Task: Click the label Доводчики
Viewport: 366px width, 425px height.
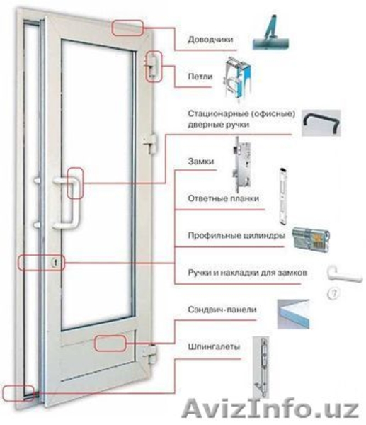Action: (210, 40)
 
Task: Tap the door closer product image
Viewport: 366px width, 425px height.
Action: (270, 33)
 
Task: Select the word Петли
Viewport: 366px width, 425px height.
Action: (200, 76)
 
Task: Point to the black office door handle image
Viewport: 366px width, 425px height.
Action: (321, 123)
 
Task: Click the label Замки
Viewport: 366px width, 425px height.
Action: (201, 161)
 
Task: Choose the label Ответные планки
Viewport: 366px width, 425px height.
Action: (224, 198)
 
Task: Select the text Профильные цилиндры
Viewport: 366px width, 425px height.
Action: (236, 235)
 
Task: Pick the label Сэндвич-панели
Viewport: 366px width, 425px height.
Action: (222, 310)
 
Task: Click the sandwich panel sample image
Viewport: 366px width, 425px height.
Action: (293, 314)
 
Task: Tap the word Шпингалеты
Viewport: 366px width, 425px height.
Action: (214, 346)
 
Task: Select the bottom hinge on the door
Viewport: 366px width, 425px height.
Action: (149, 354)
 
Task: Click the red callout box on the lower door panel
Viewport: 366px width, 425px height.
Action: (110, 344)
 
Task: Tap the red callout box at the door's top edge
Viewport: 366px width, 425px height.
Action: (127, 28)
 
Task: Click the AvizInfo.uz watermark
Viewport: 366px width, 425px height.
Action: (271, 409)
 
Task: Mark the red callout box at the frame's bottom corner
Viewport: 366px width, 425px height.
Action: (18, 393)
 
